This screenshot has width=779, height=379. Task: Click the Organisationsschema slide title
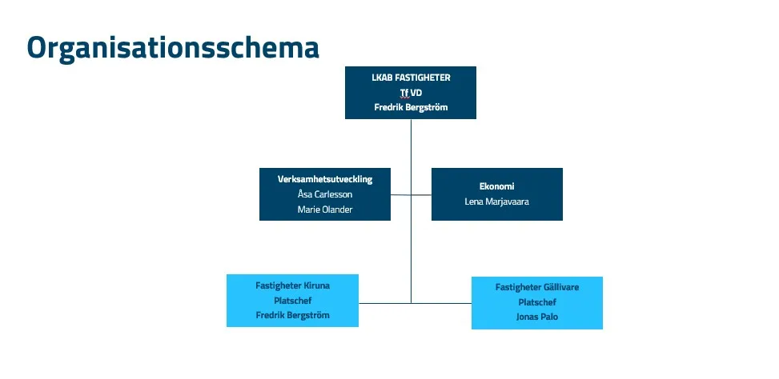[x=173, y=48]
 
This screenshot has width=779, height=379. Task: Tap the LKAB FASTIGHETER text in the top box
[x=411, y=78]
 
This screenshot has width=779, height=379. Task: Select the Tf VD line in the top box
[x=411, y=93]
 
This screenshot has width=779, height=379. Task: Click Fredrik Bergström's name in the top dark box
[x=411, y=107]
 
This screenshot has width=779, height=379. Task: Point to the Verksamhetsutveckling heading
[x=325, y=179]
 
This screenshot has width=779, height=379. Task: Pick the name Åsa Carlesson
[x=325, y=194]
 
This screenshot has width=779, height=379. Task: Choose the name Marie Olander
[x=325, y=209]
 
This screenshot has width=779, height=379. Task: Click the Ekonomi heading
[x=497, y=186]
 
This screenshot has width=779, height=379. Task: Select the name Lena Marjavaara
[x=497, y=202]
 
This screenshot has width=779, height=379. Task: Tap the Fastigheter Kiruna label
[x=292, y=285]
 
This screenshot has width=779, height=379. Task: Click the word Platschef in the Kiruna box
[x=292, y=300]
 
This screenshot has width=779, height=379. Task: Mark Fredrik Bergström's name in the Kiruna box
[x=292, y=315]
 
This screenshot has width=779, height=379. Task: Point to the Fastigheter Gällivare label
[x=537, y=287]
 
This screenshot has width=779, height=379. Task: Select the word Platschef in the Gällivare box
[x=537, y=302]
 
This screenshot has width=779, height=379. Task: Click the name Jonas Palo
[x=537, y=317]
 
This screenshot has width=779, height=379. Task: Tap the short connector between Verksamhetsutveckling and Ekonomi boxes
[x=411, y=195]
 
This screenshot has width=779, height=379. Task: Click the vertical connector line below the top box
[x=411, y=211]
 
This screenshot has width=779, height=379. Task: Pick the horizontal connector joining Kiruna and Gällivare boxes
[x=415, y=303]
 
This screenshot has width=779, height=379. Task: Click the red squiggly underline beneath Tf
[x=404, y=98]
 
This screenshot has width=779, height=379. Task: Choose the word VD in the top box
[x=416, y=93]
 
